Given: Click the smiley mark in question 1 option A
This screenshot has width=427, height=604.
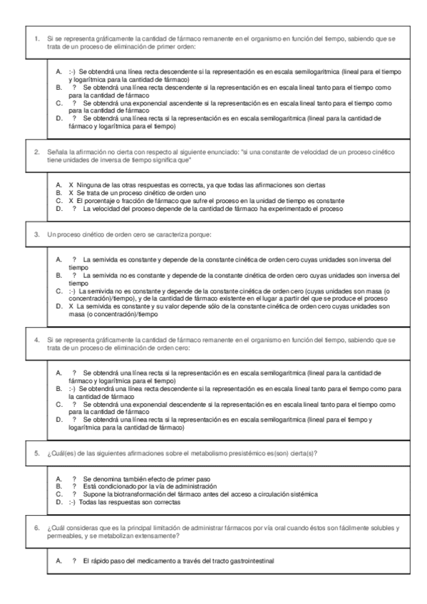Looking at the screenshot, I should pyautogui.click(x=71, y=73).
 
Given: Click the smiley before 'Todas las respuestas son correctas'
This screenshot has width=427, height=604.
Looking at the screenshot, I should pyautogui.click(x=71, y=501).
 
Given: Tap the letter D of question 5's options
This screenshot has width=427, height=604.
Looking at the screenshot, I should pyautogui.click(x=58, y=501).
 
